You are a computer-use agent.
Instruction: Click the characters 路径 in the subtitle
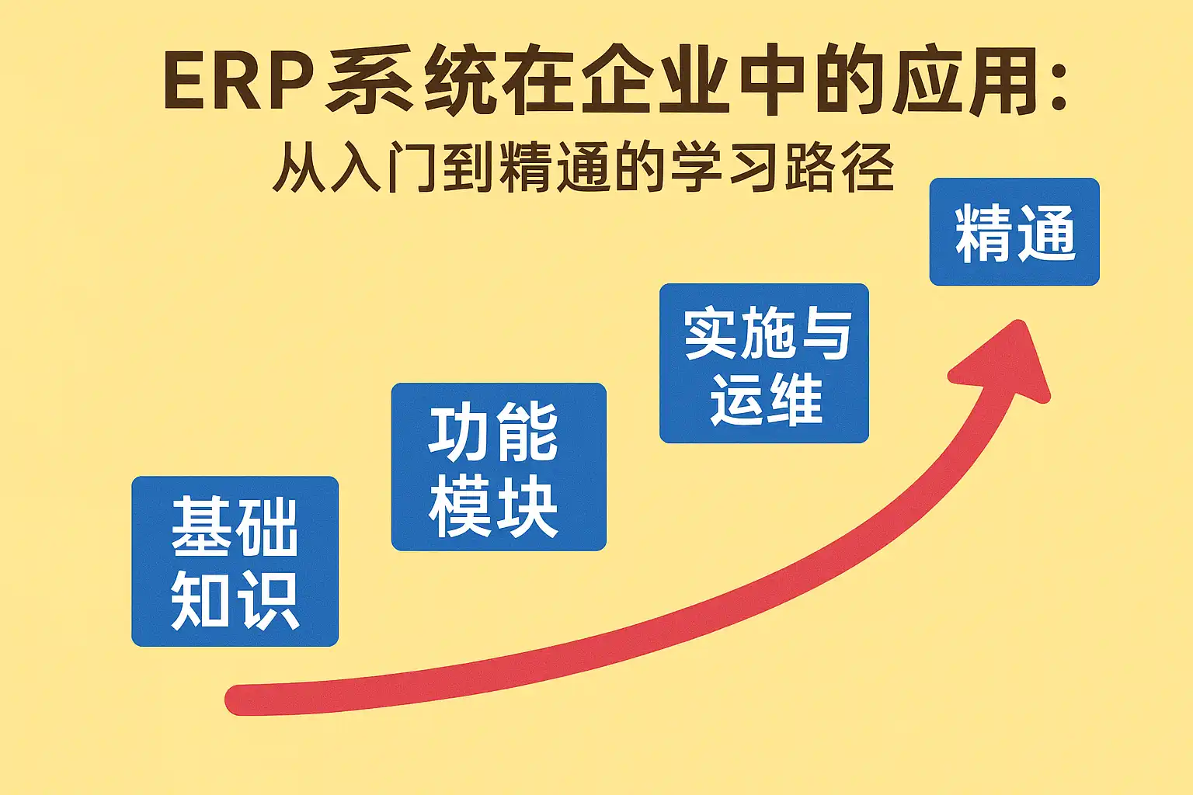point(840,167)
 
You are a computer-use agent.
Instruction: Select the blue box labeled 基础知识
point(235,561)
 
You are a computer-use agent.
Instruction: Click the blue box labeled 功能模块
point(498,467)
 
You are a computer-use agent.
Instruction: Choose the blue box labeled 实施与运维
point(763,363)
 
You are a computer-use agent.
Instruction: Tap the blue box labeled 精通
point(1014,231)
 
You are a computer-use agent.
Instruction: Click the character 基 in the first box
point(201,527)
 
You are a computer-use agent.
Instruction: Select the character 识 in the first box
point(269,600)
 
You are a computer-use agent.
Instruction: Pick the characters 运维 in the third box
point(766,399)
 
